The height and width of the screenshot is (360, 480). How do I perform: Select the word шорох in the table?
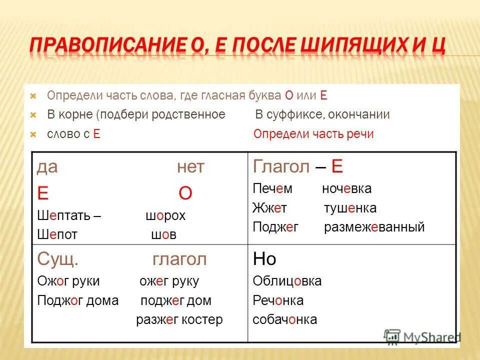pos(165,216)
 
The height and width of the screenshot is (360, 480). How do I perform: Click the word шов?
pos(163,234)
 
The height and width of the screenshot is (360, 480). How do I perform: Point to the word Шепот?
pos(57,234)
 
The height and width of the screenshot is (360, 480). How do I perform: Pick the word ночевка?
pos(346,189)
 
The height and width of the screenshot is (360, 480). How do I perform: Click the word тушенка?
pos(350,208)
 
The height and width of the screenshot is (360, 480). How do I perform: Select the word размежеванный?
pos(374,227)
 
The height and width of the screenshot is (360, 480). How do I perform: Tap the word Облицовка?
pos(287,281)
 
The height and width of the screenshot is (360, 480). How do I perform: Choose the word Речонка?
pos(278,300)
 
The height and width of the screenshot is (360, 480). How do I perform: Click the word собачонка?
pos(284,319)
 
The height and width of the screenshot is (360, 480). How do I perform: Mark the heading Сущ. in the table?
pos(57,259)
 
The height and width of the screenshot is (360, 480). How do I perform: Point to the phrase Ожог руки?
pos(68,281)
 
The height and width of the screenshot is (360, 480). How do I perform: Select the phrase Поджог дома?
pos(78,300)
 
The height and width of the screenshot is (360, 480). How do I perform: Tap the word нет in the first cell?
pos(190,167)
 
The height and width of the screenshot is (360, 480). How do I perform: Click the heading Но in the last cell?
pos(264,259)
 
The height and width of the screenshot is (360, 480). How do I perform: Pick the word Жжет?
pos(270,208)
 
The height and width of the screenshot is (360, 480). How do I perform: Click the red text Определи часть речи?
pos(313,134)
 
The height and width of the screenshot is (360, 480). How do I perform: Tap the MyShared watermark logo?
pos(422,336)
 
